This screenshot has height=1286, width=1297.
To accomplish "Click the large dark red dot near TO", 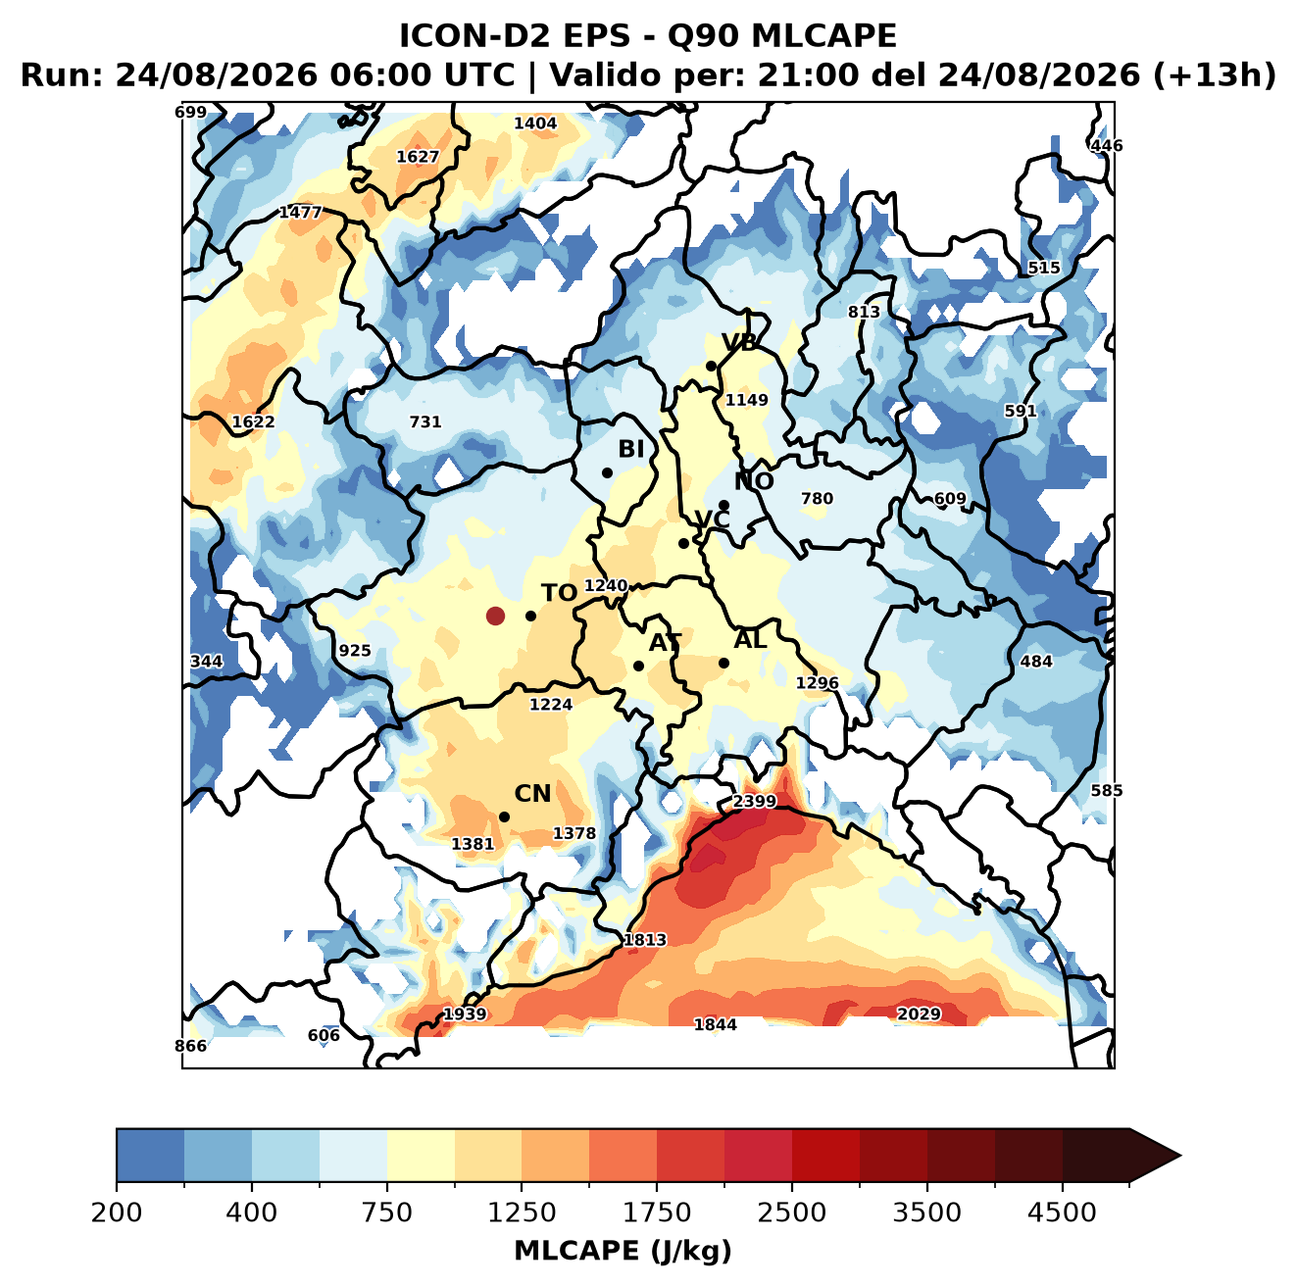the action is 495,616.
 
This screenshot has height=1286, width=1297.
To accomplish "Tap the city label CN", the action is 532,793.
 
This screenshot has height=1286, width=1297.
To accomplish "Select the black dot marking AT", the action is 638,666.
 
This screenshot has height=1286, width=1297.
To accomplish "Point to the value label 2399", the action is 754,801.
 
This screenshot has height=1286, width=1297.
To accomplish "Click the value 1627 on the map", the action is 418,157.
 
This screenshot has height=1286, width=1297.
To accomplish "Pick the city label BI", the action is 630,449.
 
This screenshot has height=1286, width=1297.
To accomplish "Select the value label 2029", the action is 919,1014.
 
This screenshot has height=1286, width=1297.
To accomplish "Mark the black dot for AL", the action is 723,663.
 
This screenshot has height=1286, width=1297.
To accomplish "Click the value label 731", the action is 425,421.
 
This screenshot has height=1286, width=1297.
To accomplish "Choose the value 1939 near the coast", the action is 465,1014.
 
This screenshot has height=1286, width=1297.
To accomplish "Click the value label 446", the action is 1107,145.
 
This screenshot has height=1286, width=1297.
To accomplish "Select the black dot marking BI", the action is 607,473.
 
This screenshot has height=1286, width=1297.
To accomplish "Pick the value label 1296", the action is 817,683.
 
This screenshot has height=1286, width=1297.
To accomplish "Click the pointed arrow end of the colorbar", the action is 1180,1157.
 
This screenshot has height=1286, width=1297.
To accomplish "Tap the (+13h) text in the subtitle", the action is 1214,75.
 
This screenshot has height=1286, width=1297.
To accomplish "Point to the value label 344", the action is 206,662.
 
